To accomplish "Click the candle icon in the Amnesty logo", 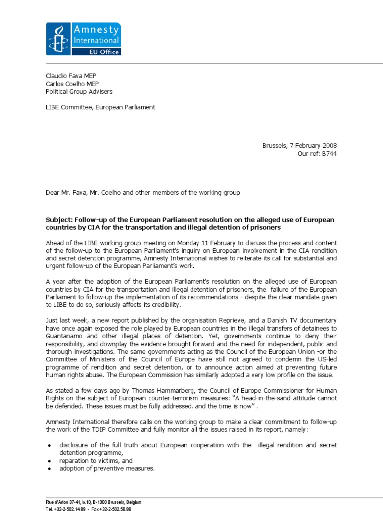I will [59, 39].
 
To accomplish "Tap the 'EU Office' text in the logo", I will [96, 51].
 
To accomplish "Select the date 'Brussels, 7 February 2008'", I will [299, 146].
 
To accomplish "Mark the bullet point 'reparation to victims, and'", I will [96, 461].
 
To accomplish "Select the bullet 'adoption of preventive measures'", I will [107, 469].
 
